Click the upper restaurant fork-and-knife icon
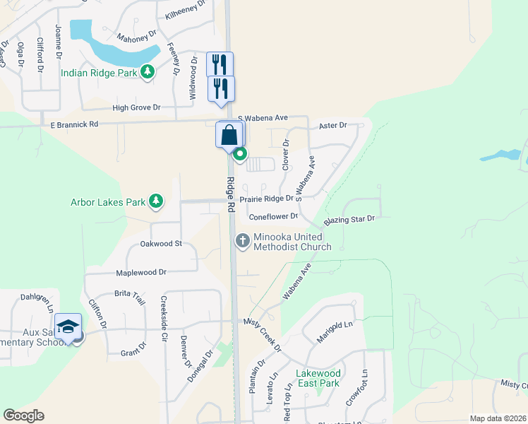[x=220, y=65]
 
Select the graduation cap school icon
[x=68, y=326]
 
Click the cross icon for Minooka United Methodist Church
[x=243, y=240]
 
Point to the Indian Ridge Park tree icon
[x=148, y=71]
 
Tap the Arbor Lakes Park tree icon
[x=156, y=202]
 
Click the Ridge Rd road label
[x=231, y=195]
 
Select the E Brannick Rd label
[x=75, y=124]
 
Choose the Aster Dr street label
[x=333, y=125]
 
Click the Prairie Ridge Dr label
[x=266, y=199]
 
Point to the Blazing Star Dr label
[x=349, y=219]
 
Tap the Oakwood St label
[x=161, y=244]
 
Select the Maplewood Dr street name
[x=142, y=272]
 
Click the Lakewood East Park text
[x=318, y=378]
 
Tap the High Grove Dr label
[x=136, y=107]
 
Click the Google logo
[x=23, y=416]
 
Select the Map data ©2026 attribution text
[x=498, y=418]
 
